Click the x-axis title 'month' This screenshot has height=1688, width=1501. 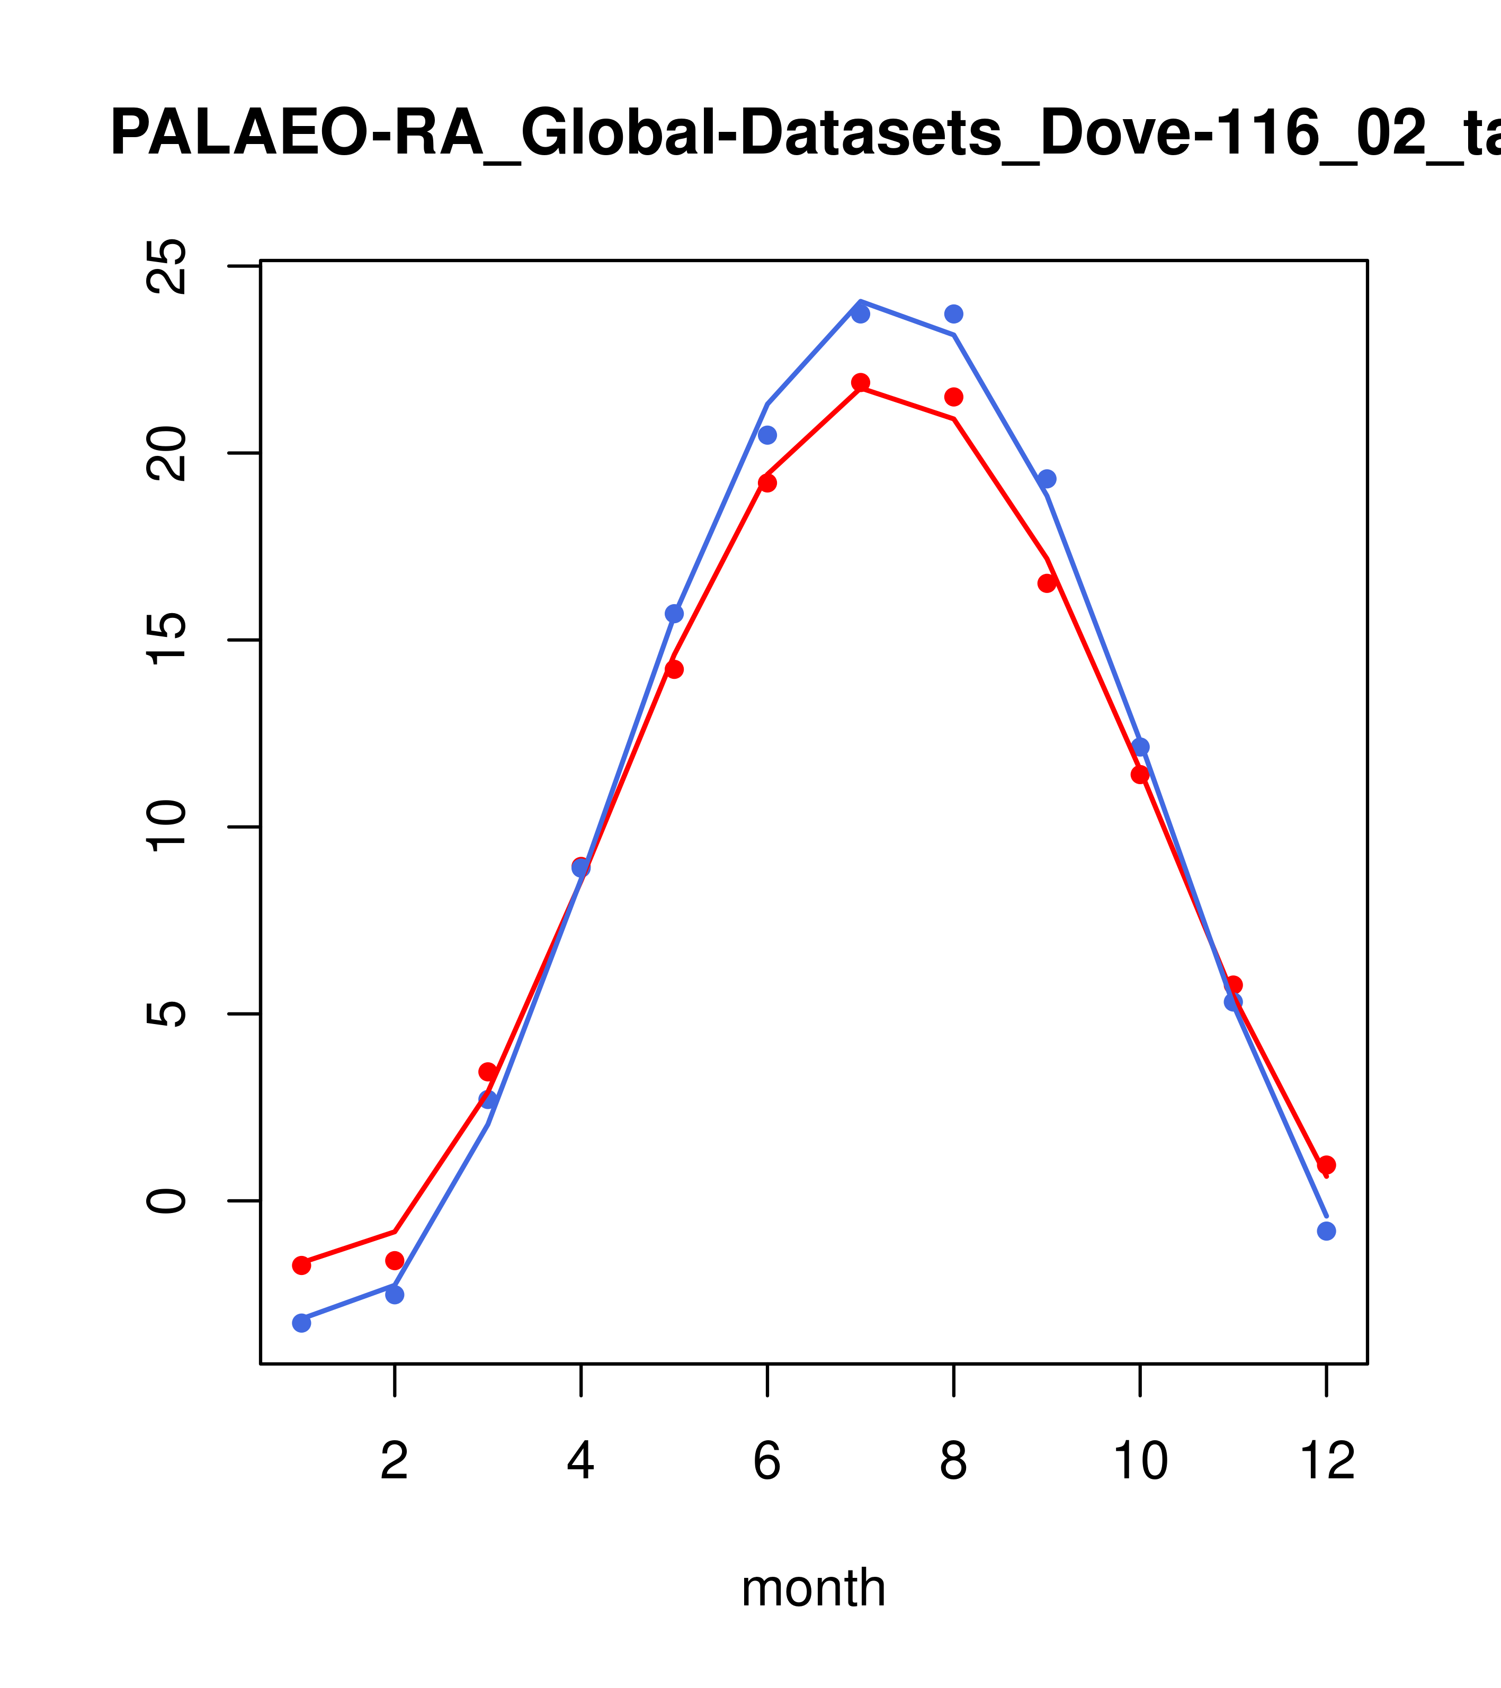813,1587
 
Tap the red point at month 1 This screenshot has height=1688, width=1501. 301,1265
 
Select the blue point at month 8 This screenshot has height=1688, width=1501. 953,314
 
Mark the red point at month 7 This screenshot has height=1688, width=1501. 861,382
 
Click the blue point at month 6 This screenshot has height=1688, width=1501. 767,435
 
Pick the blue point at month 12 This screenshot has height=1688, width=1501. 1327,1231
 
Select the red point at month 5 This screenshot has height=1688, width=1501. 674,669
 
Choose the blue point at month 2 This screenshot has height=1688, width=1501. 395,1294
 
